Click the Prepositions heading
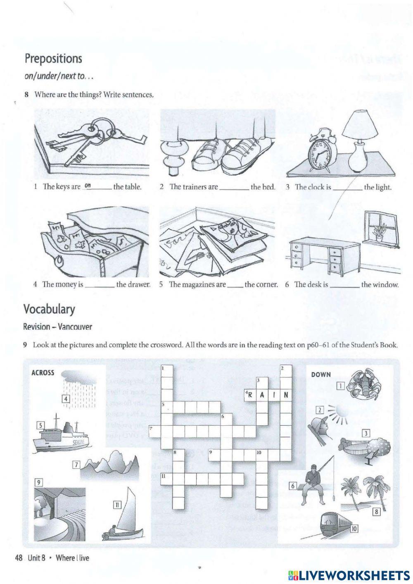[53, 59]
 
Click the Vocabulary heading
[50, 309]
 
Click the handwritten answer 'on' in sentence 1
[88, 186]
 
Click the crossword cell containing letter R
[249, 395]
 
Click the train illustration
[332, 524]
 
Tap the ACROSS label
[43, 373]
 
